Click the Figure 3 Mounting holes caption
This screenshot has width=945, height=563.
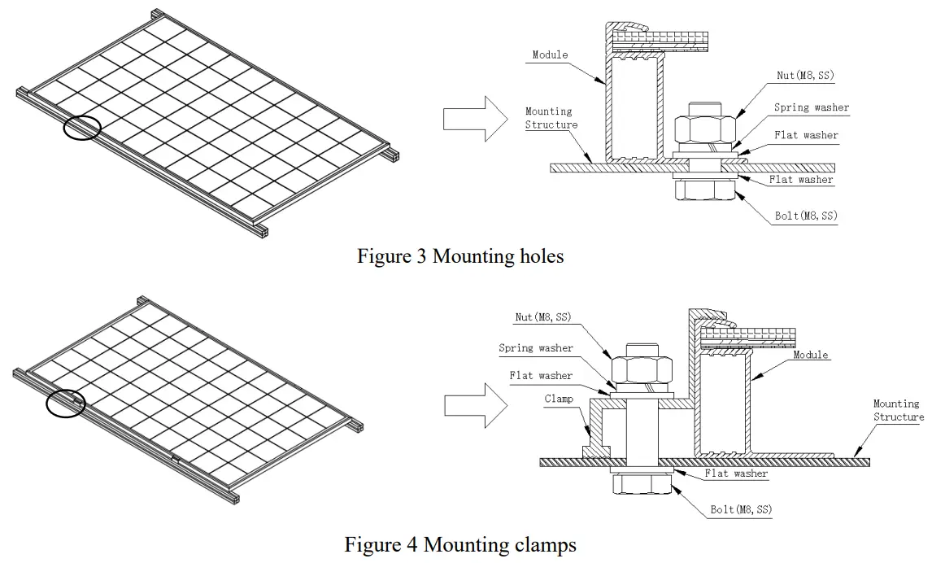[460, 256]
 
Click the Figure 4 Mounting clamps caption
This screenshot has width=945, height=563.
[460, 543]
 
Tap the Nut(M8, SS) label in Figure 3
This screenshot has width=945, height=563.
[805, 76]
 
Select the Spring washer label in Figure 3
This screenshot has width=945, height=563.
[811, 107]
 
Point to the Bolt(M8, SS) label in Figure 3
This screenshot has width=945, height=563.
[806, 216]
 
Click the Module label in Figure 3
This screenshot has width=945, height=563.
[550, 55]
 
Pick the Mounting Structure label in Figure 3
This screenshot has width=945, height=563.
[551, 118]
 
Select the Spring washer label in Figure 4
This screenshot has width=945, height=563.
[536, 348]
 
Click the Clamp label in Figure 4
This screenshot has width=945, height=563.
[559, 399]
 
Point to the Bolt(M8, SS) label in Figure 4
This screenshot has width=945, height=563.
[740, 510]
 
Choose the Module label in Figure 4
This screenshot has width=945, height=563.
[811, 355]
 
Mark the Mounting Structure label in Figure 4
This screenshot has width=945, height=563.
[898, 410]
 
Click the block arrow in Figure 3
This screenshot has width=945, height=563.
[464, 119]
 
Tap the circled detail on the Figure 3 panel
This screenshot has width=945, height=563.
[81, 128]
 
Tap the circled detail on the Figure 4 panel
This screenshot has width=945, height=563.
[66, 403]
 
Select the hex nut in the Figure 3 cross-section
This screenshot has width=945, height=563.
[705, 129]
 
